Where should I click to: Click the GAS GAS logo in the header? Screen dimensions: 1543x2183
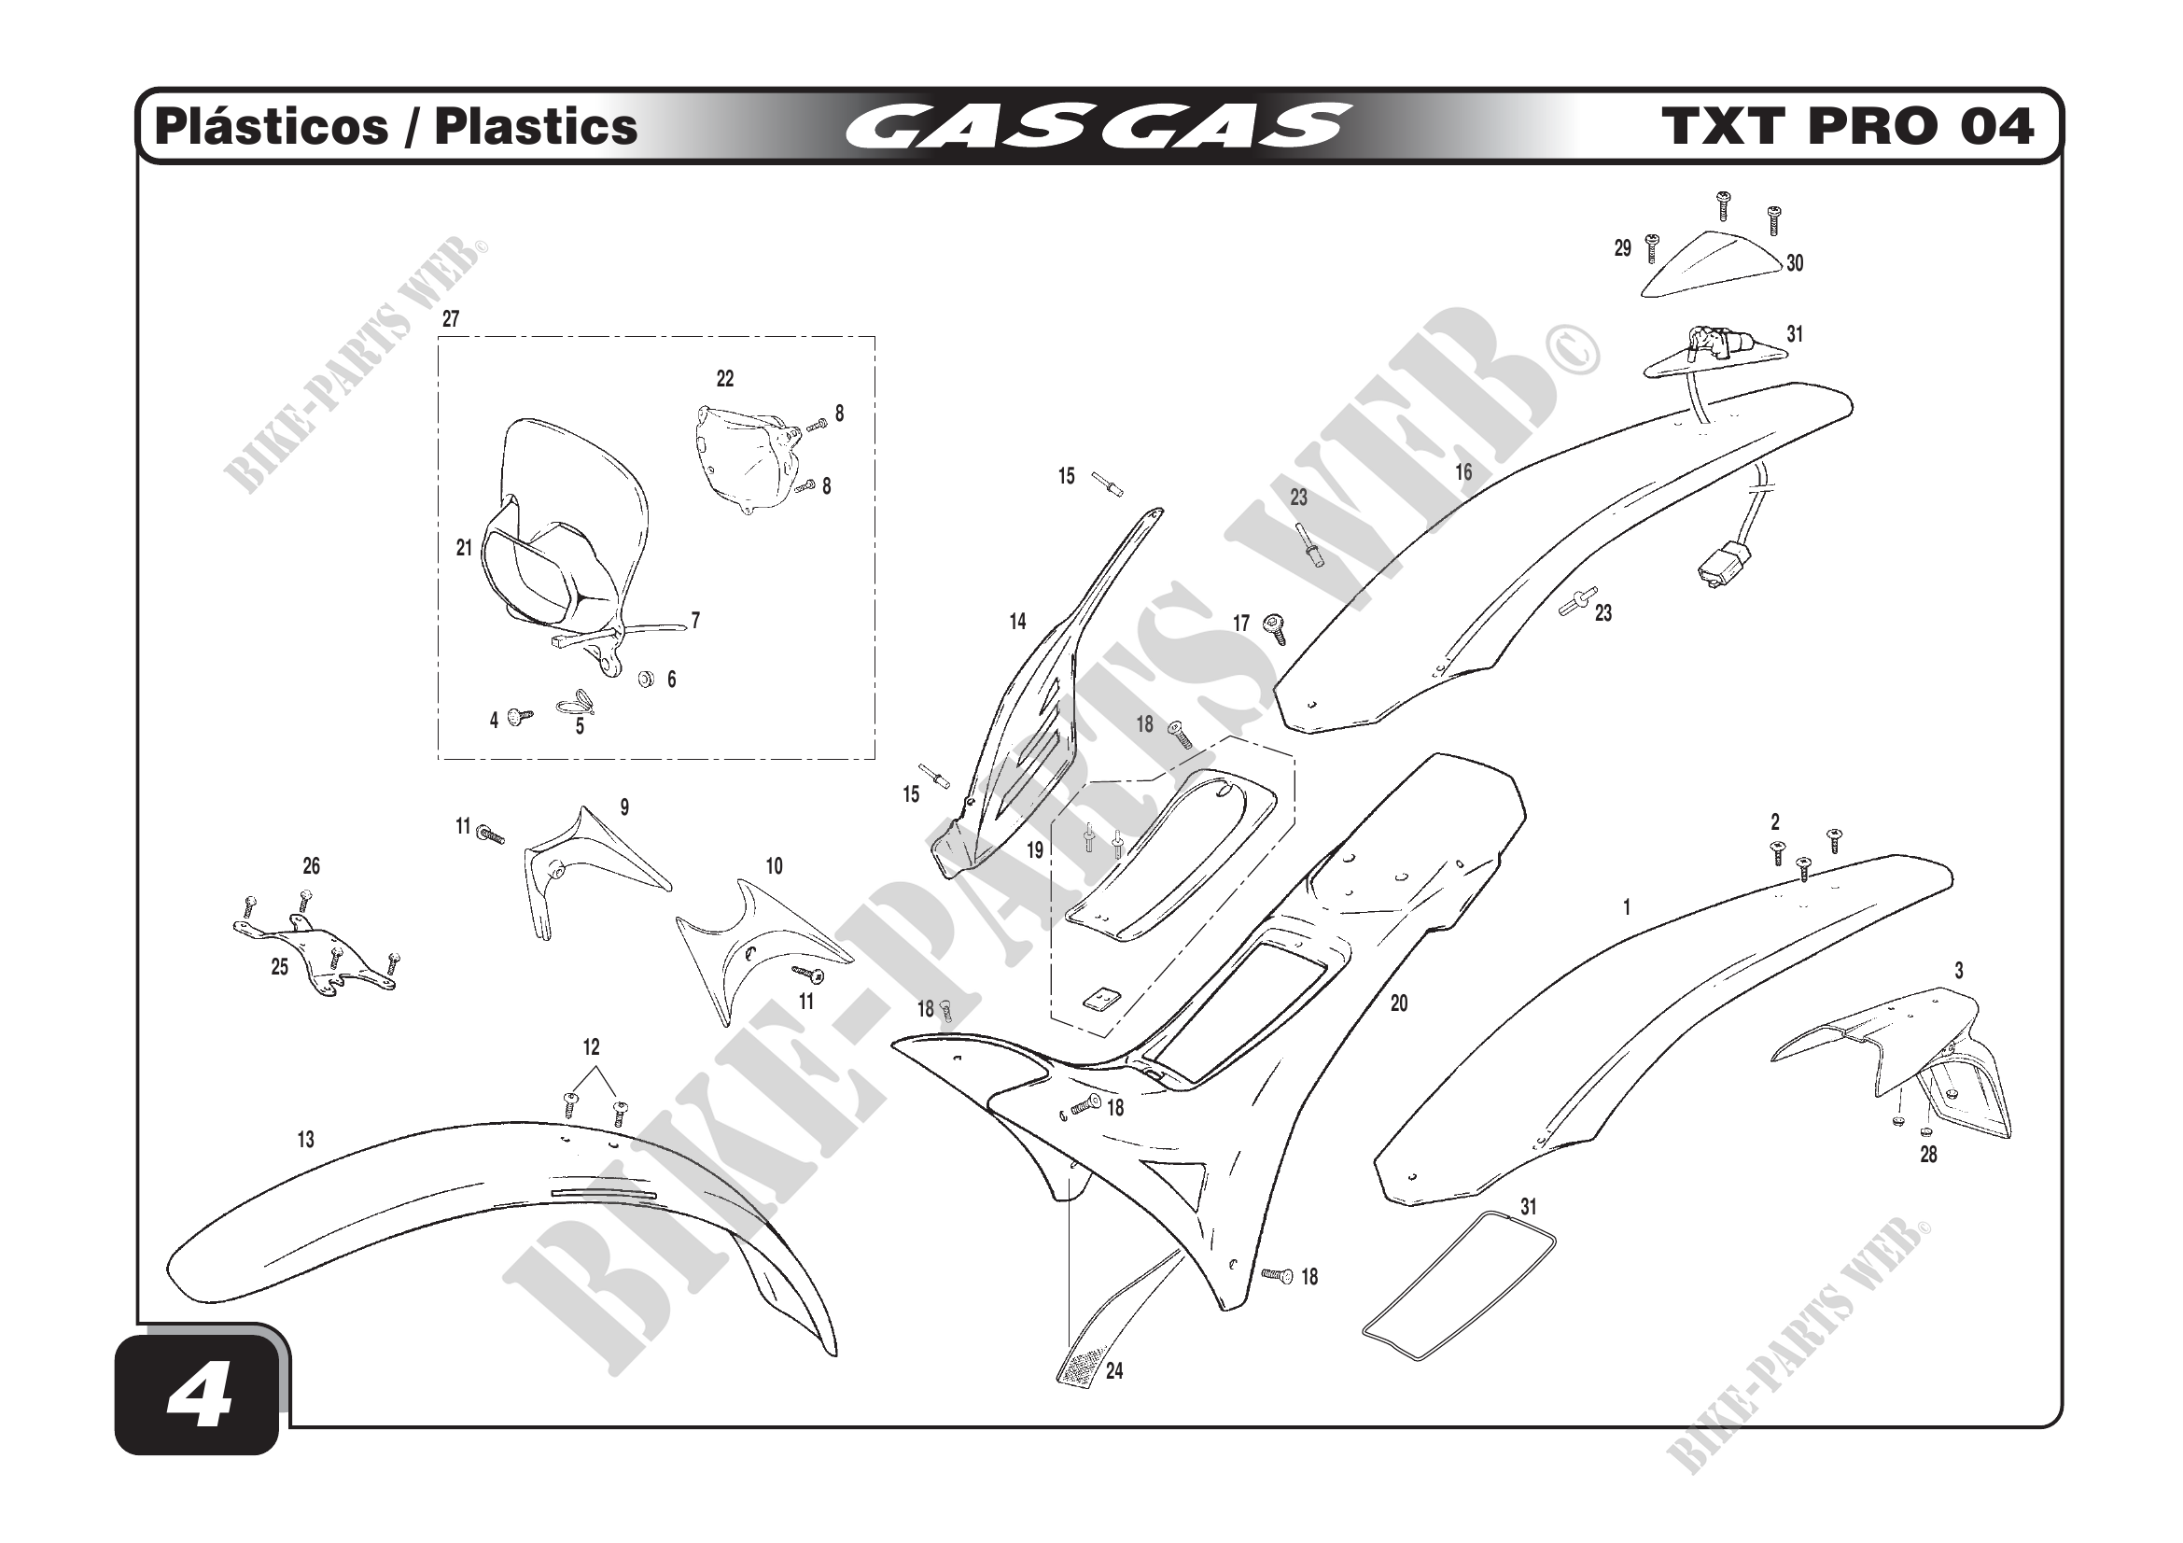(1098, 127)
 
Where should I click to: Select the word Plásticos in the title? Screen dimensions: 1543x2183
(272, 127)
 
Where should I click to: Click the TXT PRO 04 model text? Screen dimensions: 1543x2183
(1847, 127)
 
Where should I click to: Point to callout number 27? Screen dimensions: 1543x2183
(451, 319)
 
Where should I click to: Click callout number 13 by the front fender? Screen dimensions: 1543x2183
(305, 1140)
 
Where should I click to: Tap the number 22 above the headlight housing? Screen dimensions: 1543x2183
(724, 379)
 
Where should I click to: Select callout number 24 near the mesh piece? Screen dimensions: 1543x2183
(1114, 1371)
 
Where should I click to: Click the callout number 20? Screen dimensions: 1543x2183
(1399, 1003)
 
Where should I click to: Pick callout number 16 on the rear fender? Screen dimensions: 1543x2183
(1463, 472)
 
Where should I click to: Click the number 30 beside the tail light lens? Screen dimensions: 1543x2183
(1794, 263)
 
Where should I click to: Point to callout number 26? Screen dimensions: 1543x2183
(311, 866)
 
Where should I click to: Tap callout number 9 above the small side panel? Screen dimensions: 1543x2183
(623, 807)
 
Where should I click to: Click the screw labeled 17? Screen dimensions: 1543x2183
(1275, 626)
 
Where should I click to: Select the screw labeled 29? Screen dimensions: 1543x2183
(1653, 247)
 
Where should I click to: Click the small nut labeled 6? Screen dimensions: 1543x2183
(646, 679)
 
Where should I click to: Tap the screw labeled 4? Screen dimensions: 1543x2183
(519, 716)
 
